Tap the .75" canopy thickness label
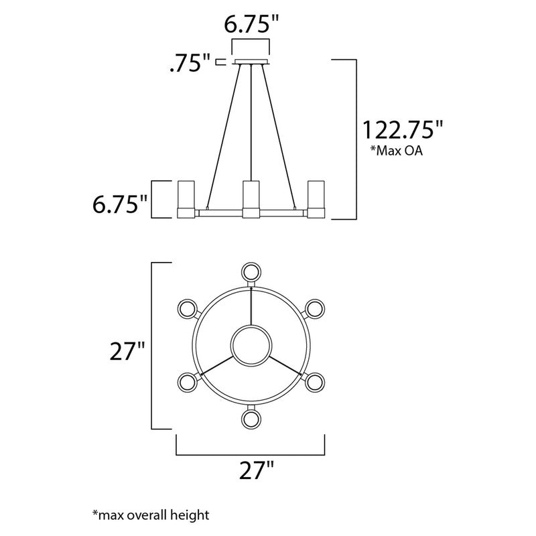point(190,64)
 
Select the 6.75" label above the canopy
point(250,25)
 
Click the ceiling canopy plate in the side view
point(251,63)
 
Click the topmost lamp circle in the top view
point(251,271)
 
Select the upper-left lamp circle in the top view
point(187,309)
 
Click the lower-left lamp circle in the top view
point(187,383)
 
